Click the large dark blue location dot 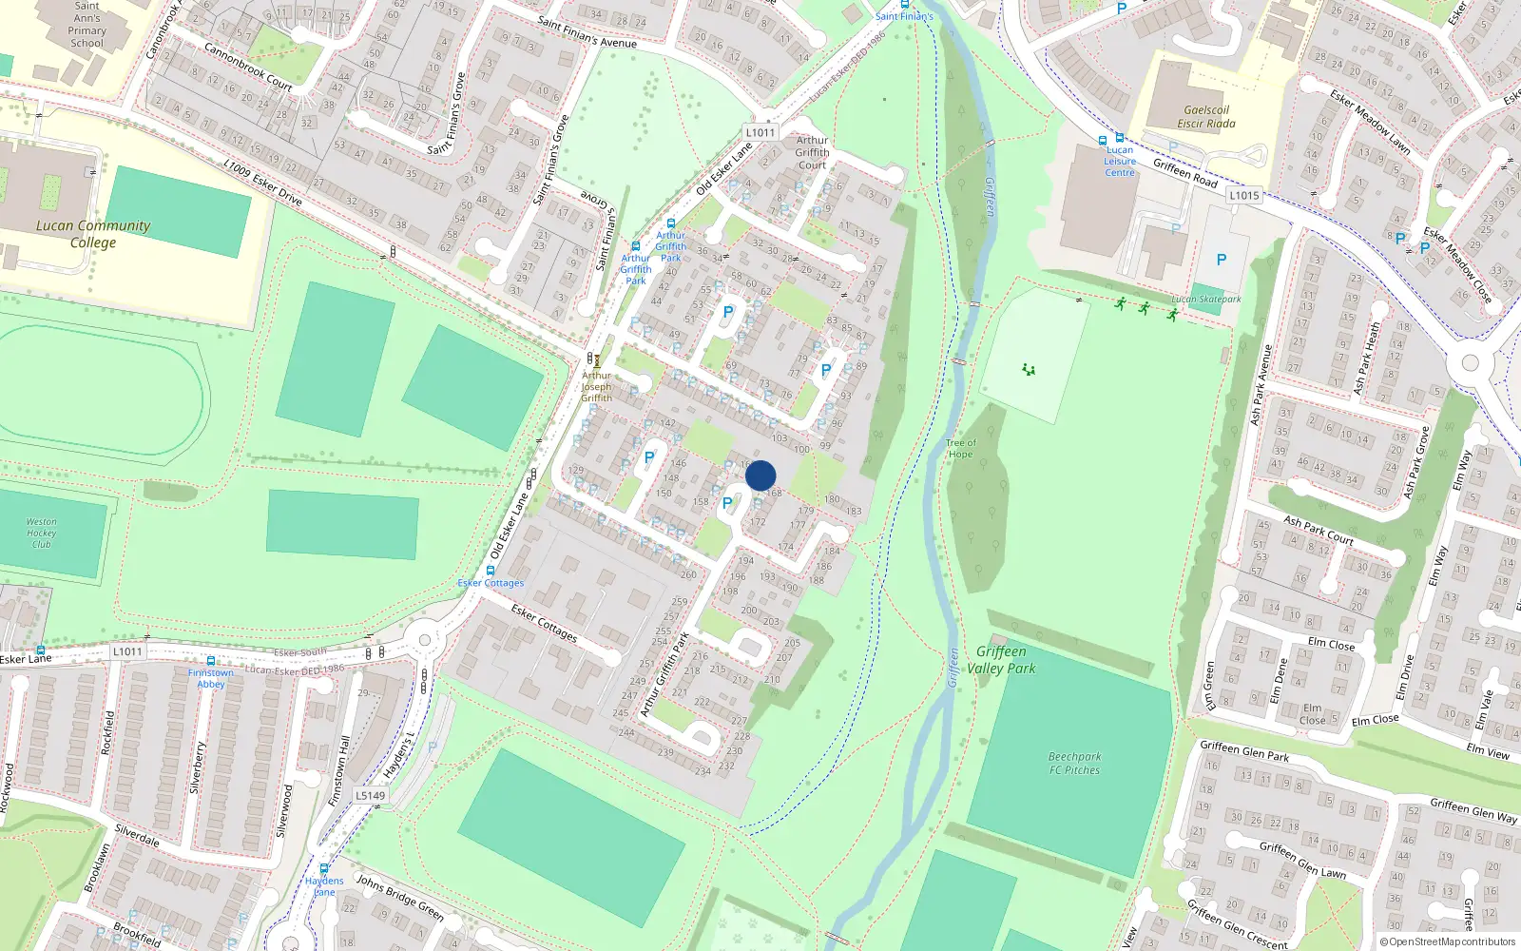coord(760,475)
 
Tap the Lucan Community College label coord(93,234)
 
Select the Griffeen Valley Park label coord(1001,660)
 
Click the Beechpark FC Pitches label coord(1074,764)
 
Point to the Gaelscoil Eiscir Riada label coord(1206,117)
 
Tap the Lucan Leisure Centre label coord(1120,162)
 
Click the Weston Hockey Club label coord(41,533)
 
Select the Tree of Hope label coord(961,449)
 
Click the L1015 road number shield coord(1243,196)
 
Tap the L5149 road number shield coord(371,796)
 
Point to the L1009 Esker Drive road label coord(262,183)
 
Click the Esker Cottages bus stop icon coord(491,571)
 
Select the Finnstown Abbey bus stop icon coord(210,661)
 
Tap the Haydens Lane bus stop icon coord(324,869)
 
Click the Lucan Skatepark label coord(1206,300)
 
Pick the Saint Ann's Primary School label coord(87,25)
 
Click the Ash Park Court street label coord(1319,531)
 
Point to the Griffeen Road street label coord(1185,173)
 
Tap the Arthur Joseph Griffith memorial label coord(597,387)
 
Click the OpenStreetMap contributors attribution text coord(1448,942)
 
